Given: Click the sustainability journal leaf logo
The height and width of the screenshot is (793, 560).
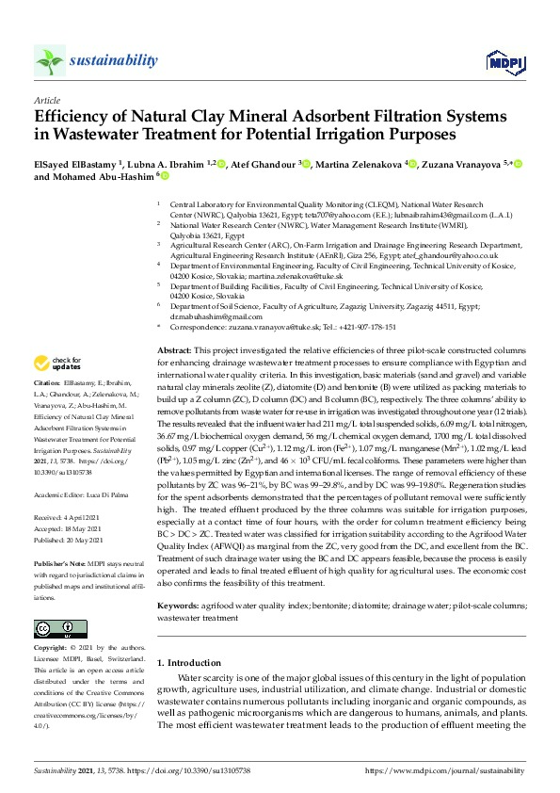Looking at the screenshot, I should [49, 61].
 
